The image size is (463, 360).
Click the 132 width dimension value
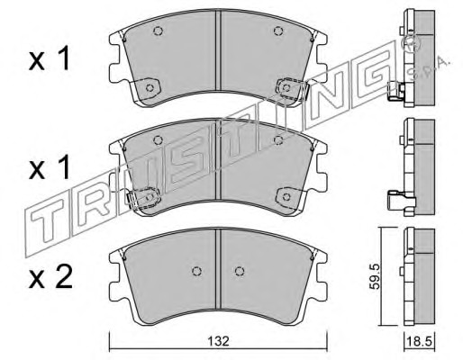pos(219,341)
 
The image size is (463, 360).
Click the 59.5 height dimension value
pos(375,276)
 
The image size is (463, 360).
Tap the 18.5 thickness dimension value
pos(419,341)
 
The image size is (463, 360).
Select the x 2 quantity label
pos(50,277)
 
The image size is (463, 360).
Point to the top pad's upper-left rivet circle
pos(158,31)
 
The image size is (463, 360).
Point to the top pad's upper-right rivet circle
pos(278,31)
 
